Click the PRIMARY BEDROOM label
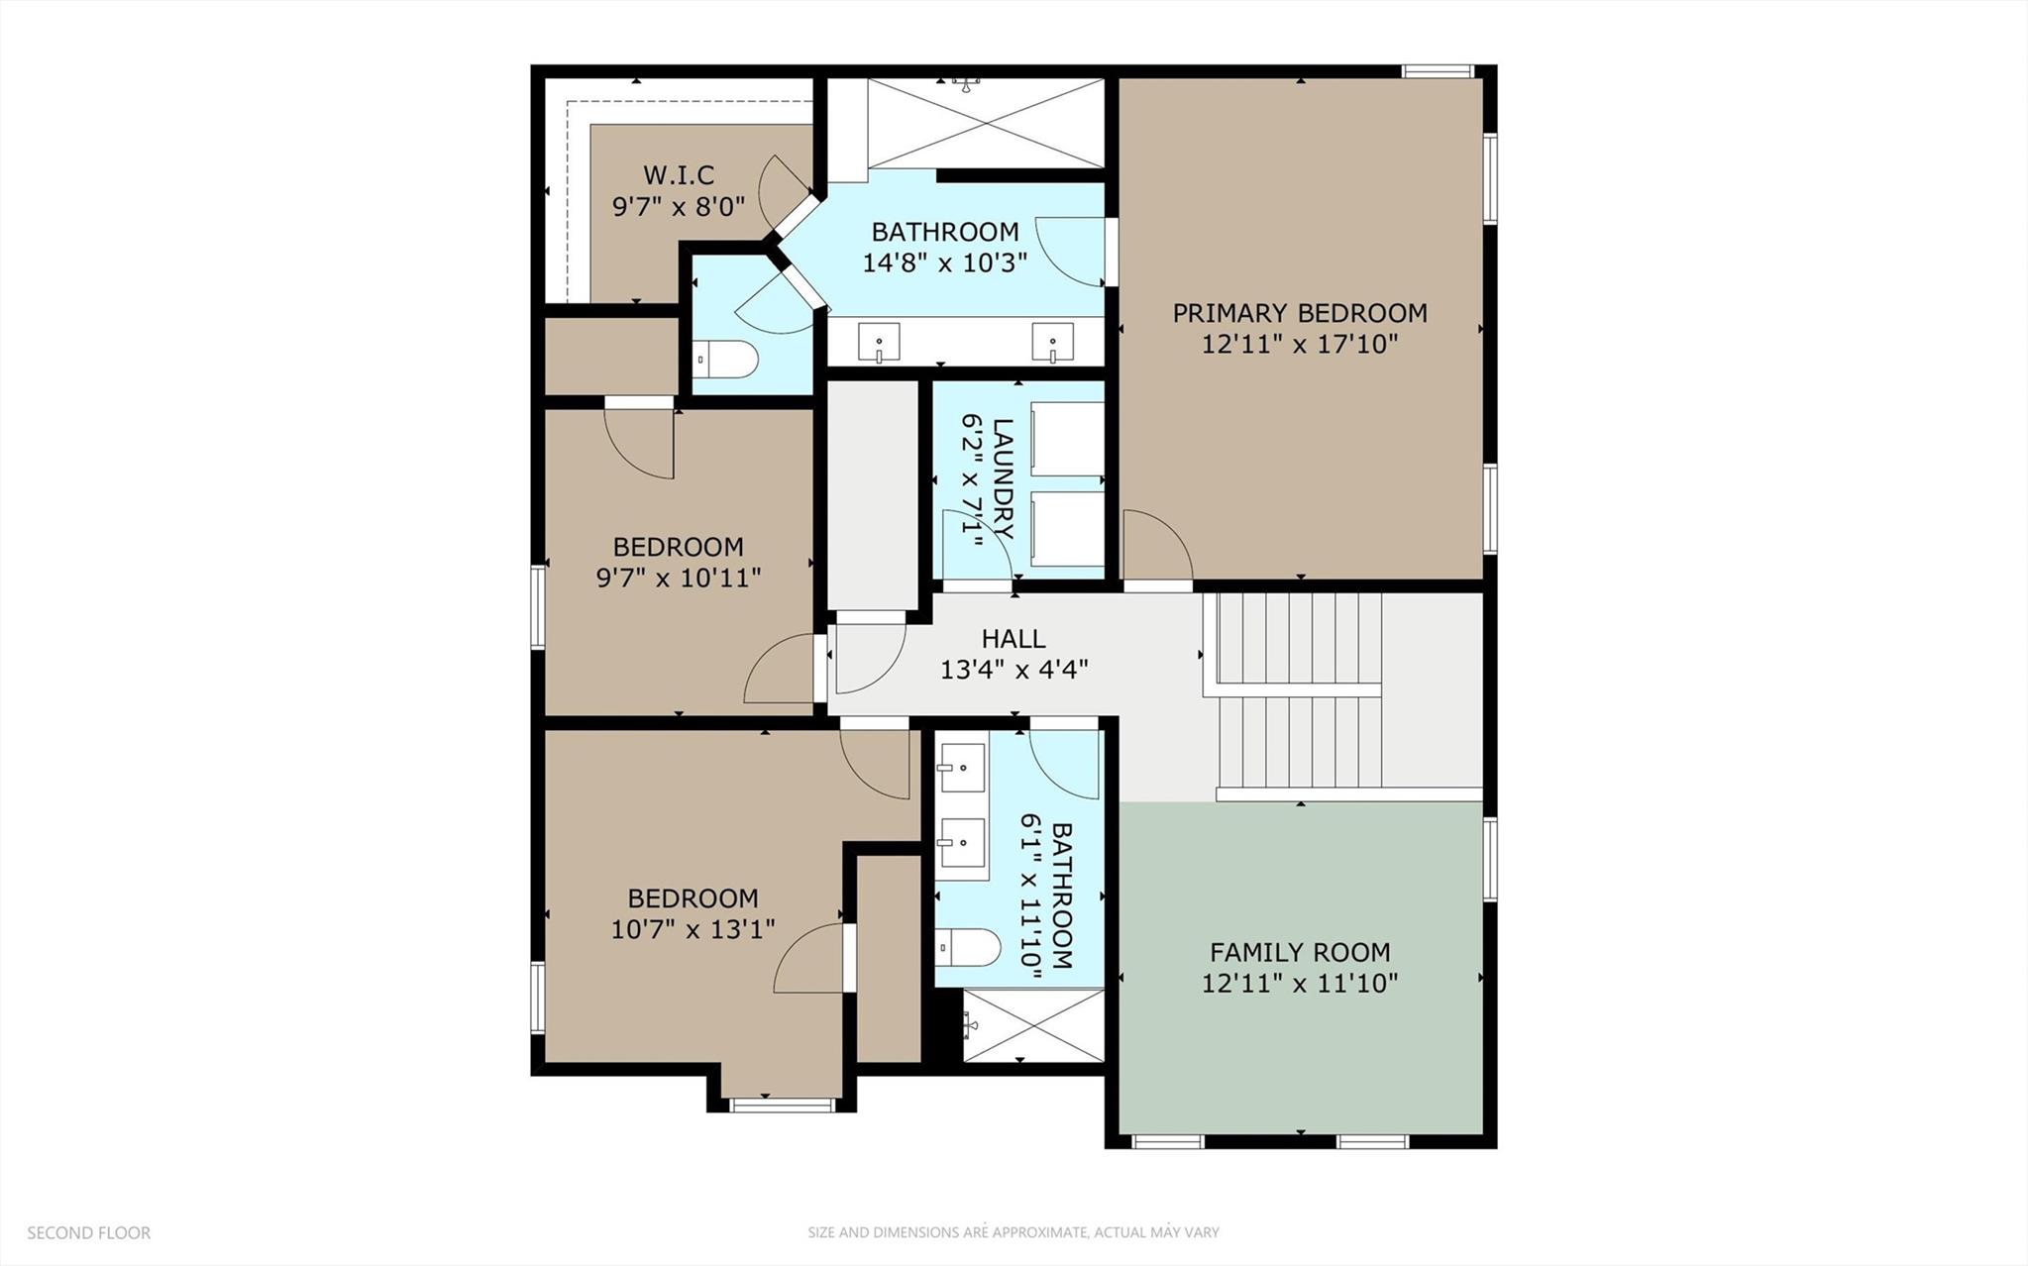[1299, 313]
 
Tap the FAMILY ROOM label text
[1299, 952]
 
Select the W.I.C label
[679, 175]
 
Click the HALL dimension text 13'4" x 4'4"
[1014, 670]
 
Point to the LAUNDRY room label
[1003, 478]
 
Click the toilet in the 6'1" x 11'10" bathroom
[969, 947]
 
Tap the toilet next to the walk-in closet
[725, 359]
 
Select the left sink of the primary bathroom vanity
[879, 343]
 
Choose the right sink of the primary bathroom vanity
[1052, 343]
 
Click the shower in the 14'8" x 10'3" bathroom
[985, 123]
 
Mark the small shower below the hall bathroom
[1032, 1026]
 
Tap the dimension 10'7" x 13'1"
[693, 929]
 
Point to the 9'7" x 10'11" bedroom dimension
[679, 578]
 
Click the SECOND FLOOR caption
[89, 1232]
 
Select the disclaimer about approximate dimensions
[1013, 1232]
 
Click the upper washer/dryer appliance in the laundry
[1067, 438]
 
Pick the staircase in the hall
[1298, 693]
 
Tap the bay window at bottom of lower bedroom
[782, 1105]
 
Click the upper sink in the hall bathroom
[962, 768]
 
